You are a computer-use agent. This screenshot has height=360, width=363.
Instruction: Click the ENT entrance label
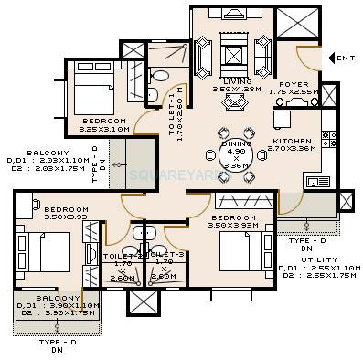coord(346,58)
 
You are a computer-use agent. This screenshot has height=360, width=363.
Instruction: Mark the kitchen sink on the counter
coord(316,182)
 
